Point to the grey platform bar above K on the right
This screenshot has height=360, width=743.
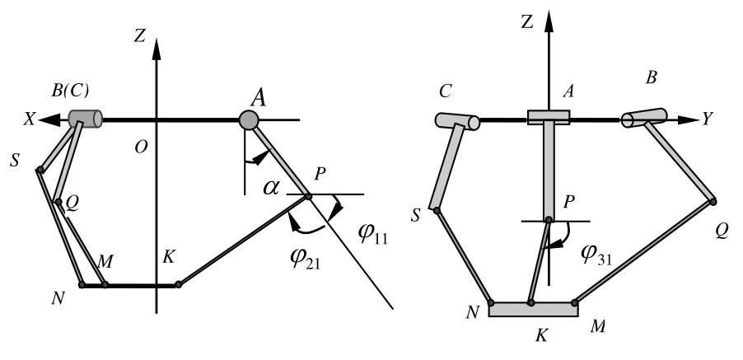click(534, 309)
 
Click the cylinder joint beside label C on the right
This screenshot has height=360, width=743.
click(457, 121)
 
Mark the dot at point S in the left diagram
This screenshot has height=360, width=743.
click(39, 171)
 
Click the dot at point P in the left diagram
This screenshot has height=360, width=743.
click(308, 195)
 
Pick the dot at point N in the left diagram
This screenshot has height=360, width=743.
click(82, 285)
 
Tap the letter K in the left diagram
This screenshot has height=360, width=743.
click(169, 255)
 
